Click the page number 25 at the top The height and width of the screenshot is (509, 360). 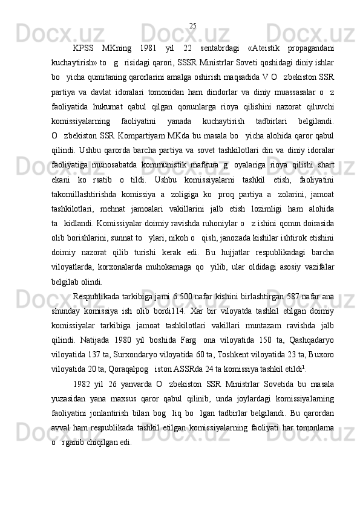192,25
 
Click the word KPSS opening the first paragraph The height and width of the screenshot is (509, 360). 84,48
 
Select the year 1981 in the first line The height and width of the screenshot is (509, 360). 148,48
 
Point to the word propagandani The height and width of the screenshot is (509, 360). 310,48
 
